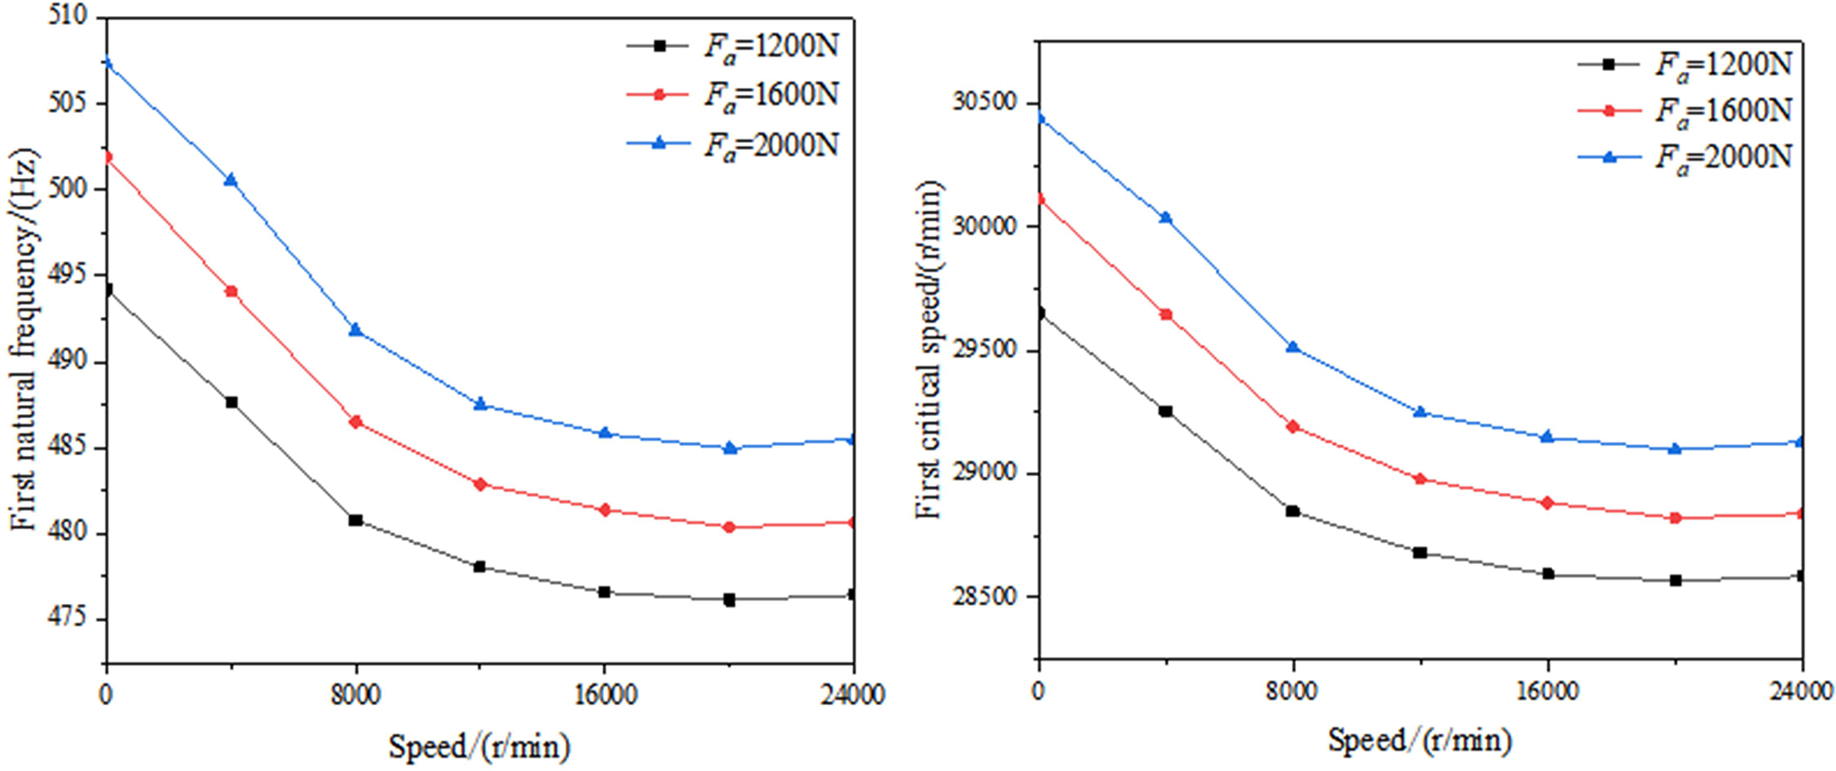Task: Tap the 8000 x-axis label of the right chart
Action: pos(1292,690)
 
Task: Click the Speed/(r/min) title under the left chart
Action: pos(479,746)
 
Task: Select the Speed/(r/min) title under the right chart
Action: pos(1419,739)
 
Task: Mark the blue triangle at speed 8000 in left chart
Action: pos(355,330)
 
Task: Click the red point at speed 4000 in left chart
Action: pos(231,291)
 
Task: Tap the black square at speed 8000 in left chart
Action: pos(355,520)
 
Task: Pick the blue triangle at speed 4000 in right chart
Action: pos(1165,218)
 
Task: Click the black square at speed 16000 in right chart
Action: pos(1548,574)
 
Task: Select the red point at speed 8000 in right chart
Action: pos(1293,426)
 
